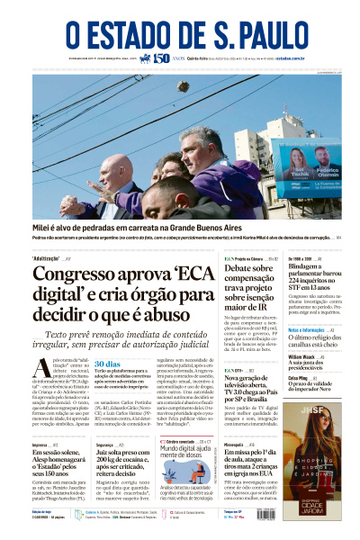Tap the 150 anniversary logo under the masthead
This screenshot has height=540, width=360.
coord(161,58)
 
